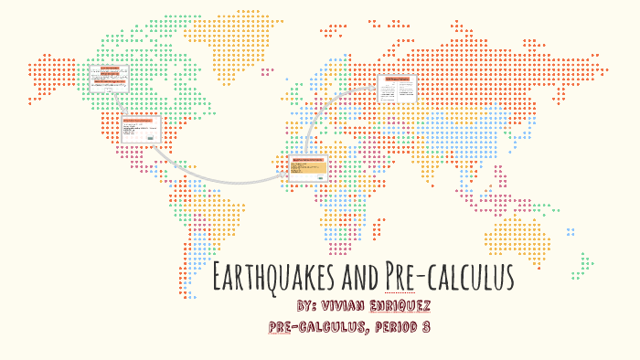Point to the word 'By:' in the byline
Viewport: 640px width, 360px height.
(314, 304)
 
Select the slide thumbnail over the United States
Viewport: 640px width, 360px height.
(141, 129)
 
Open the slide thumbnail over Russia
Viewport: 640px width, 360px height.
(397, 89)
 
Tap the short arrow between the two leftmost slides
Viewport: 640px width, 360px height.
(123, 102)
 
